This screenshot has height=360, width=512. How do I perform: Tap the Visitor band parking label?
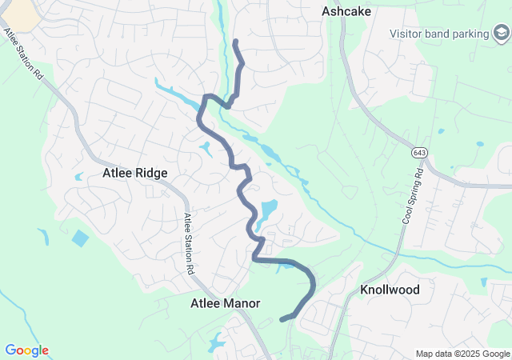coord(439,34)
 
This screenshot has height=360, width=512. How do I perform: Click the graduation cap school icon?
coord(501,33)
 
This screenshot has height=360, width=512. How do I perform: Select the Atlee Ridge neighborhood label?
coord(134,172)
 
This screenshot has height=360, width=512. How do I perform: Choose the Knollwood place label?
coord(390,290)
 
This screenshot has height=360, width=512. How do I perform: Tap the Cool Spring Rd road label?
coord(411,196)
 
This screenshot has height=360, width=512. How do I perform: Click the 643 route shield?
coord(419,152)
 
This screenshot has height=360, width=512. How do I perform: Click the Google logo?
coord(26,350)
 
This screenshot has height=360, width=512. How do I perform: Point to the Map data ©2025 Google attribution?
coord(462,354)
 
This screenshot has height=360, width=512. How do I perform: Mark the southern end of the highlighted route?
coord(282,319)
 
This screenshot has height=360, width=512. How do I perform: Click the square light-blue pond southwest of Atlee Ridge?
coord(80,238)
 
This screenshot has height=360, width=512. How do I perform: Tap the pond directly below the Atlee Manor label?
coord(217,342)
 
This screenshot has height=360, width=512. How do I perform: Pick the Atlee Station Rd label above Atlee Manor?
coord(190,244)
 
